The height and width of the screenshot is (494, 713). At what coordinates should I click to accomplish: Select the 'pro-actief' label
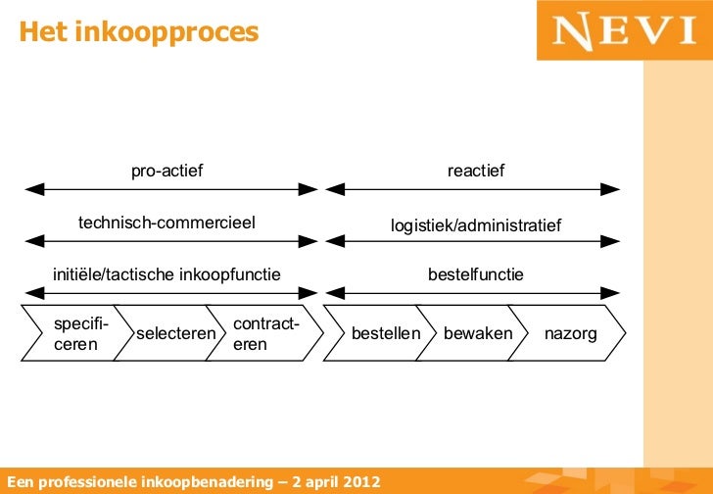(167, 172)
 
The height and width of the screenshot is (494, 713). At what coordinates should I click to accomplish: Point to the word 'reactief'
(476, 172)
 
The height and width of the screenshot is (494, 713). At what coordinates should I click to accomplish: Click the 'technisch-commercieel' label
(166, 223)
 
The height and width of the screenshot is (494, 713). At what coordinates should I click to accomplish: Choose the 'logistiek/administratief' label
(476, 226)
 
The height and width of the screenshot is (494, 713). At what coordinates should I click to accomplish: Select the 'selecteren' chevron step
(175, 334)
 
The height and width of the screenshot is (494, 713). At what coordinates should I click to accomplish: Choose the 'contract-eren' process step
(264, 334)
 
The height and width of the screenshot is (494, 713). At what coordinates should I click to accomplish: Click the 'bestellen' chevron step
(384, 334)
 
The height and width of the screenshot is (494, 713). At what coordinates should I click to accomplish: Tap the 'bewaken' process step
(477, 334)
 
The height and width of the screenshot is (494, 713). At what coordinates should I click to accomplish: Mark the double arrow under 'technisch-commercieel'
(171, 240)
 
